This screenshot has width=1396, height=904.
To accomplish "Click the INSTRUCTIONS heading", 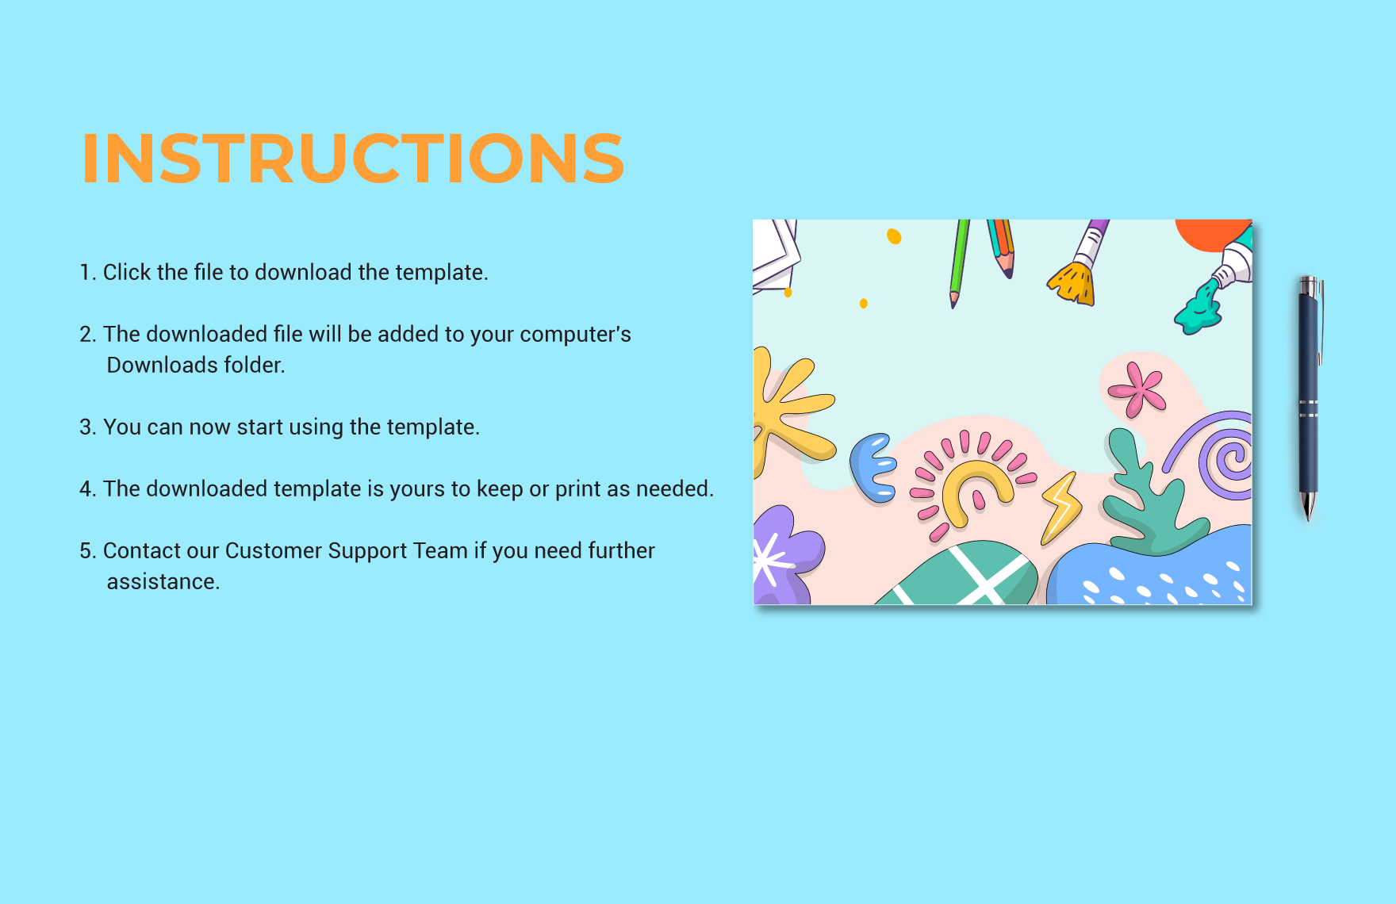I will (x=353, y=159).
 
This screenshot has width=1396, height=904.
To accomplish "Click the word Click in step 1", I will (x=127, y=272).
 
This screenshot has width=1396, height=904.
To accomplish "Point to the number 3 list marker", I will (x=86, y=427).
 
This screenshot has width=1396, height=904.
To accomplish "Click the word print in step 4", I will (x=577, y=488).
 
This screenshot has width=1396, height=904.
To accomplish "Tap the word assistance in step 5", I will (x=162, y=581).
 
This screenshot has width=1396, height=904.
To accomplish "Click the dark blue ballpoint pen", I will (x=1308, y=396).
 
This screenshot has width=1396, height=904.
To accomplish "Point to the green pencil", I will (x=959, y=262).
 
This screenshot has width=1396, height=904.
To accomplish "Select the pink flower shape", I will (x=1137, y=389).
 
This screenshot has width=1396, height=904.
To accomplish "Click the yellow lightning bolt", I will (x=1061, y=508).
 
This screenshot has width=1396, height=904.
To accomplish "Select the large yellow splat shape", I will (x=789, y=408).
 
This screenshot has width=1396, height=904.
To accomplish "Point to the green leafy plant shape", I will (x=1150, y=500).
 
